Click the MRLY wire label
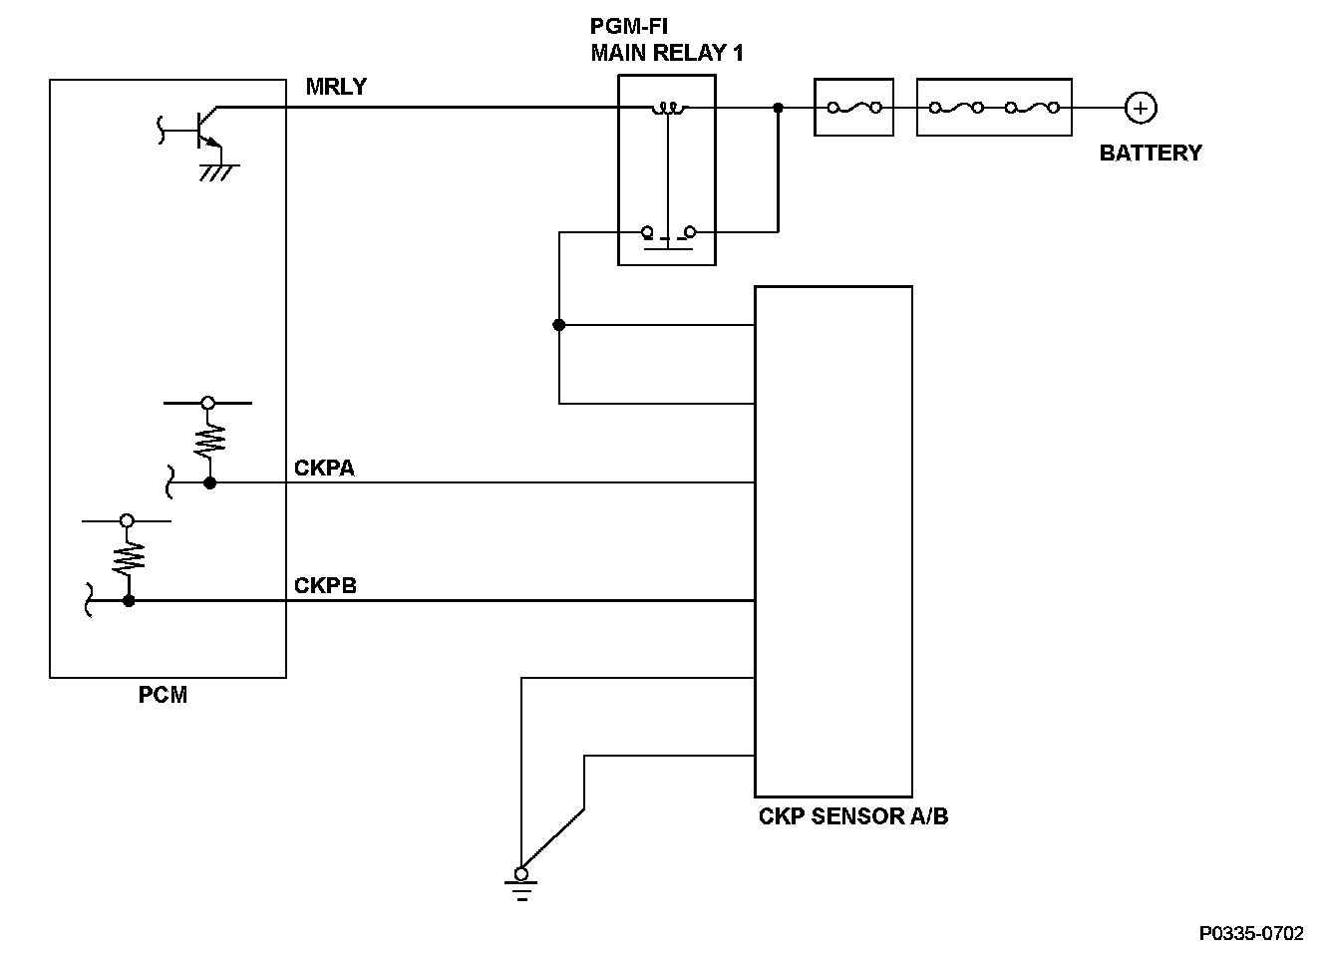point(336,87)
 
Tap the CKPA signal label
point(324,468)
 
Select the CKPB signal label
point(326,585)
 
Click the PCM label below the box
point(164,695)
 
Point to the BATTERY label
point(1151,154)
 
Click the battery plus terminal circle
point(1141,108)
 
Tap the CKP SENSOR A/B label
point(853,816)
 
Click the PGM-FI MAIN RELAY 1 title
point(667,40)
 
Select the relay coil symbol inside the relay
point(669,108)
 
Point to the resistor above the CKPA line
point(209,442)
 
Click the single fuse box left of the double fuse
point(854,108)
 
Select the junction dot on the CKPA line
point(209,483)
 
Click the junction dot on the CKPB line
point(129,601)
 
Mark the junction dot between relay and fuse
point(779,108)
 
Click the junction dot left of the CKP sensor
point(559,325)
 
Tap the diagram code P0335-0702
point(1251,933)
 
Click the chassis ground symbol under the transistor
point(219,172)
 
